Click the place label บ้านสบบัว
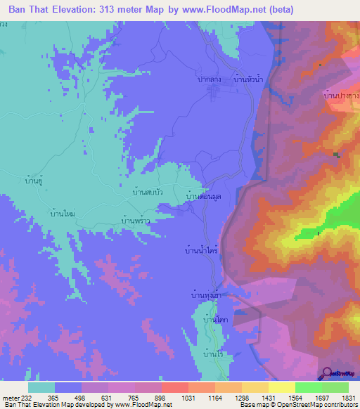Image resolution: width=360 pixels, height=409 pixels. pyautogui.click(x=148, y=190)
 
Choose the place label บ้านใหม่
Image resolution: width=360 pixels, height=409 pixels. pyautogui.click(x=63, y=212)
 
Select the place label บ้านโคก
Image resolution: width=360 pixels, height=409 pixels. pyautogui.click(x=213, y=320)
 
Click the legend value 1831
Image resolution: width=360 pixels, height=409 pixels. pyautogui.click(x=349, y=397)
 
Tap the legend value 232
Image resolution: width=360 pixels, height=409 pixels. pyautogui.click(x=24, y=397)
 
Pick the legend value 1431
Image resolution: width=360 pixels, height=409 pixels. pyautogui.click(x=267, y=397)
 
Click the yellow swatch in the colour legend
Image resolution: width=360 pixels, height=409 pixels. pyautogui.click(x=281, y=387)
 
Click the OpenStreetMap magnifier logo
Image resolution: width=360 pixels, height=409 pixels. pyautogui.click(x=328, y=372)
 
